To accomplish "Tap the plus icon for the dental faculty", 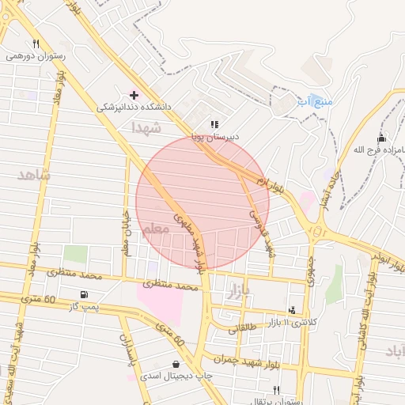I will [x=134, y=94].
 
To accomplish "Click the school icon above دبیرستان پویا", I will [x=214, y=124].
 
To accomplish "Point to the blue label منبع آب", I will [x=315, y=102].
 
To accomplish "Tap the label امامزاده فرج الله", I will [x=371, y=150].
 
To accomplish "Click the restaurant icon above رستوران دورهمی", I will [x=36, y=44].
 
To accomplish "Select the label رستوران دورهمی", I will [x=36, y=56].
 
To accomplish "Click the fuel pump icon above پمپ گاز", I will [x=84, y=295].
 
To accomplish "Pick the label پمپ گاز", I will [x=83, y=306].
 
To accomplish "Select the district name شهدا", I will [x=147, y=127].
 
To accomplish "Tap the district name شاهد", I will [x=32, y=174].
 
